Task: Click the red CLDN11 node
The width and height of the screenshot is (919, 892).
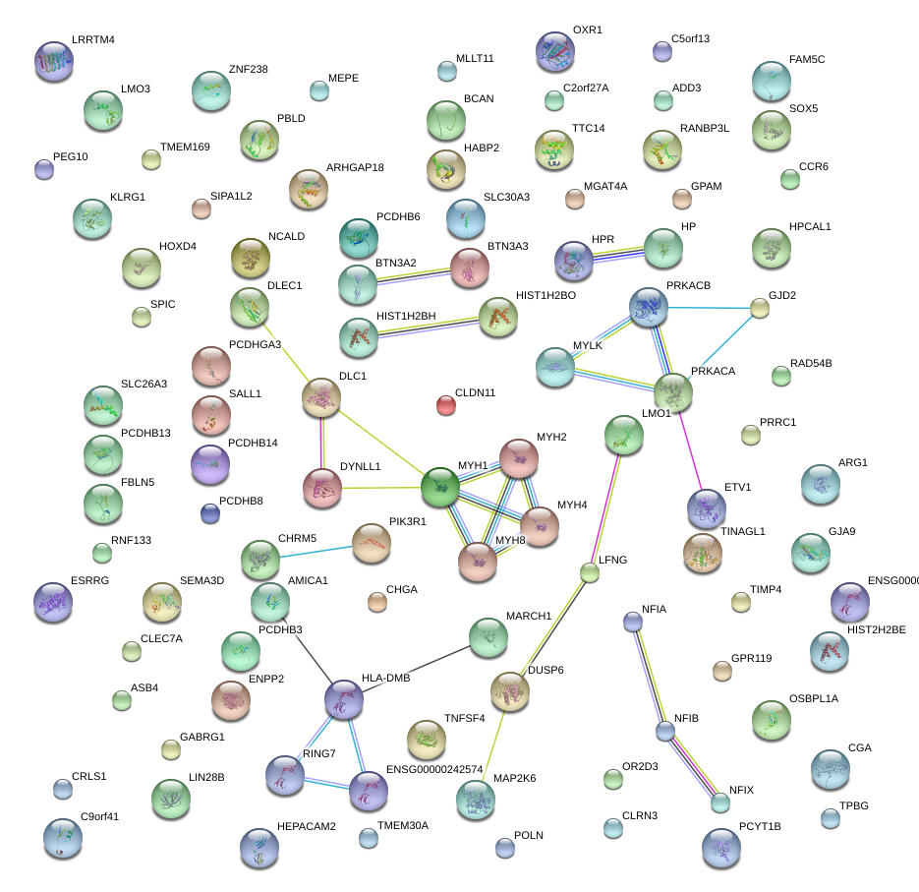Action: pos(445,403)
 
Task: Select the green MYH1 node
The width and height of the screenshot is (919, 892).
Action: pos(439,485)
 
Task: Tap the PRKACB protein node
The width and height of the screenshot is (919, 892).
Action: pos(648,307)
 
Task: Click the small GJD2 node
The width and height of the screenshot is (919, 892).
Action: pos(759,308)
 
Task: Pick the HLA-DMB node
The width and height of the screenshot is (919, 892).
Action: pos(344,697)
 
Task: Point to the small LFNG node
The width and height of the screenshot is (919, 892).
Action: pos(589,572)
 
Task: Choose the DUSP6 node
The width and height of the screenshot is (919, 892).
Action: pos(508,691)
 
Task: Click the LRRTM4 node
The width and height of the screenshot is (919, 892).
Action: pos(53,60)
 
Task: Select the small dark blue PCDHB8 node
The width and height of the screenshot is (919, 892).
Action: pos(209,512)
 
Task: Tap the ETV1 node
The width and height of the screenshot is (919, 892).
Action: pos(706,507)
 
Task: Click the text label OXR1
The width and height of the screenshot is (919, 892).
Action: pos(587,30)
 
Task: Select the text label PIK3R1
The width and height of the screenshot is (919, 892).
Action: pos(408,521)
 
